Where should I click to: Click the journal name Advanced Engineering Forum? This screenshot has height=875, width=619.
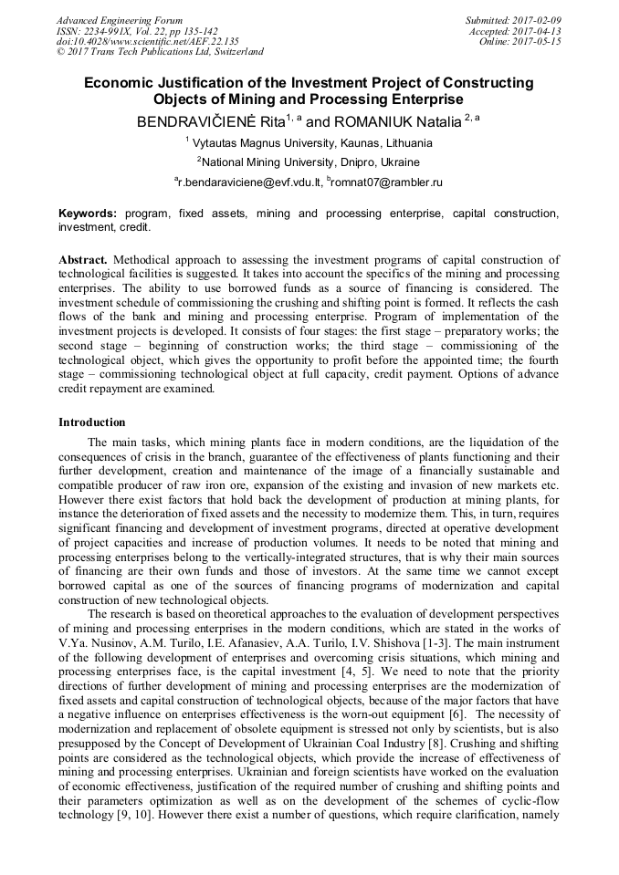point(119,20)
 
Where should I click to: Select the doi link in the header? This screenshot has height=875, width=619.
point(147,42)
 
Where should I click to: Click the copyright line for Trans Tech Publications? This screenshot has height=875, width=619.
point(160,53)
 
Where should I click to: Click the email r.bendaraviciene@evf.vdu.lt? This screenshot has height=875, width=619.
point(247,183)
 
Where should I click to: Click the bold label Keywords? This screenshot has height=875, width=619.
point(88,214)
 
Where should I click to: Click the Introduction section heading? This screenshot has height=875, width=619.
point(92,422)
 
